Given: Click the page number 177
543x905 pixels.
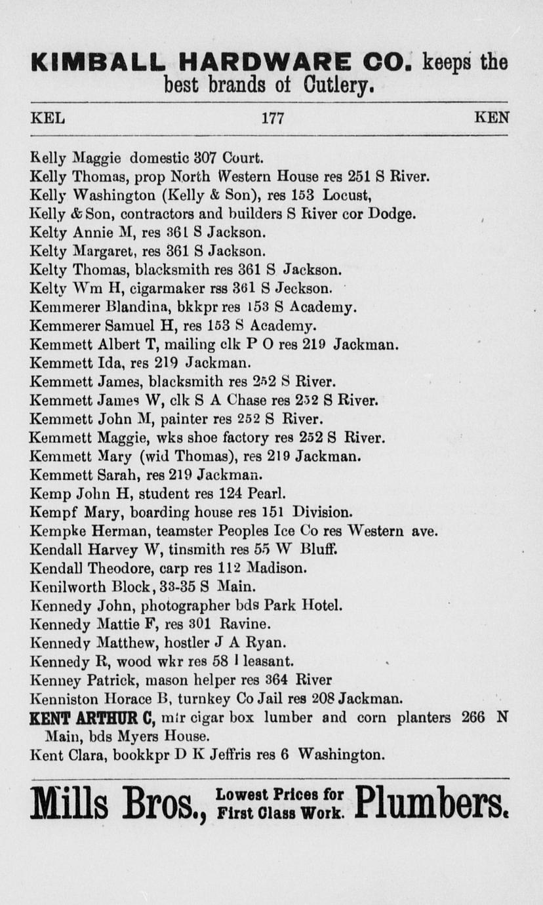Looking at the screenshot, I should click(272, 119).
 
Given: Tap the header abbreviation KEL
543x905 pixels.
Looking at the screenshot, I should click(47, 119).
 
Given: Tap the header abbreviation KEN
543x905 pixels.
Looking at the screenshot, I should click(491, 119).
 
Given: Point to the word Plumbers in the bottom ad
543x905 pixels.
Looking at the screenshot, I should click(432, 803).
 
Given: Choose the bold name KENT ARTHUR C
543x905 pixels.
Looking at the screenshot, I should click(92, 717).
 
